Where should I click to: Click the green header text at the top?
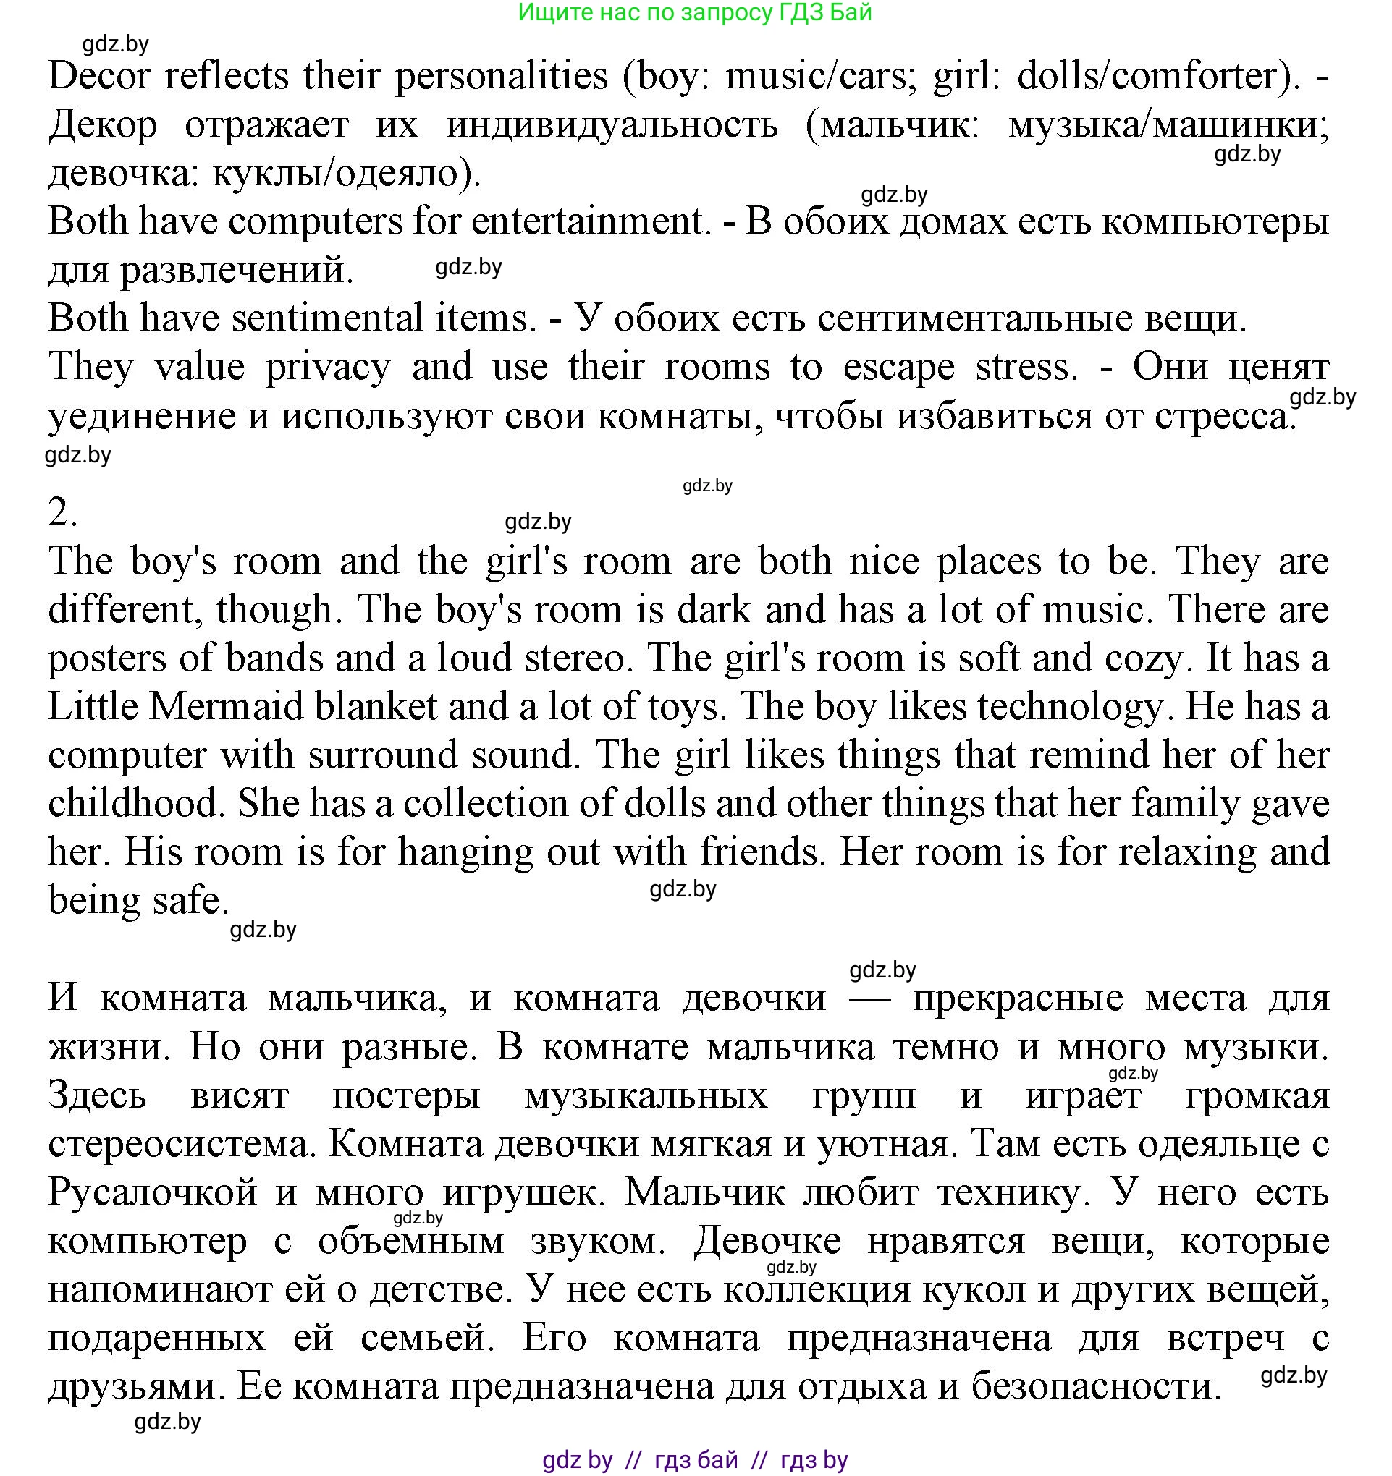(694, 12)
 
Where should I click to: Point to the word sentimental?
(327, 318)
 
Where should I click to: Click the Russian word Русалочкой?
(152, 1192)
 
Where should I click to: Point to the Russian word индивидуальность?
(612, 124)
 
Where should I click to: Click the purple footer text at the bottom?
(694, 1459)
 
